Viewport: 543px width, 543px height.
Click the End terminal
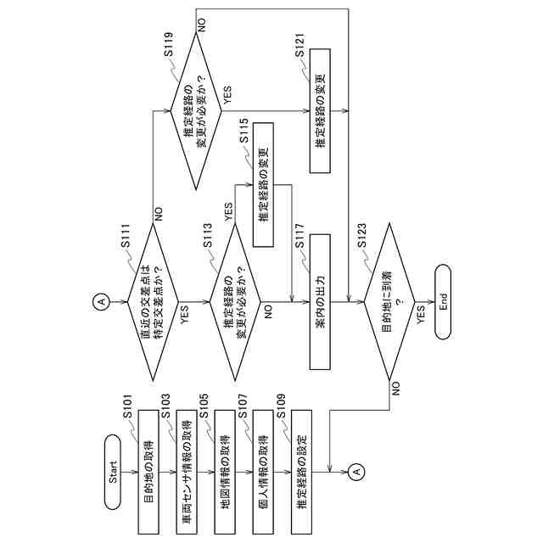(x=443, y=302)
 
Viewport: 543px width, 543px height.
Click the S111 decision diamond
(x=153, y=302)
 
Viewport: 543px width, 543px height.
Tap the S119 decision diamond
(x=195, y=108)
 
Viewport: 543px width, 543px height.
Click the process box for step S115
(x=262, y=185)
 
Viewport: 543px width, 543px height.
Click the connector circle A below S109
(x=356, y=471)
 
